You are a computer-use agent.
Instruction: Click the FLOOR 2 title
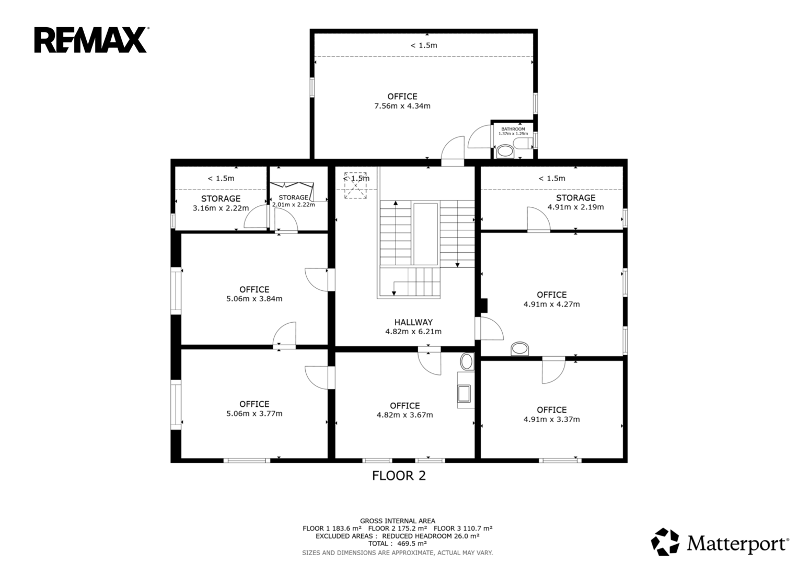tap(399, 476)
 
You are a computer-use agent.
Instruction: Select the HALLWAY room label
tap(413, 322)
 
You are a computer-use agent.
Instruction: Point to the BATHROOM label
tap(513, 129)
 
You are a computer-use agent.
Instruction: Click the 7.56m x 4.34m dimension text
tap(402, 106)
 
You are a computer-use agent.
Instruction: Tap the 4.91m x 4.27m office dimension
tap(551, 304)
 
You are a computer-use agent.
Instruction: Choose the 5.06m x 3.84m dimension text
tap(255, 299)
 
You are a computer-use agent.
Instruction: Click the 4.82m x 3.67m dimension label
tap(404, 415)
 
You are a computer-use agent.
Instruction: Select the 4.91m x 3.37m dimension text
tap(551, 419)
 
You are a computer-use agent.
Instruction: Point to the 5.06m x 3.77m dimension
tap(255, 414)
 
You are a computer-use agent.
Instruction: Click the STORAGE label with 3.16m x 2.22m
tap(221, 198)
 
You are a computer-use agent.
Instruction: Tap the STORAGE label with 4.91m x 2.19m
tap(576, 198)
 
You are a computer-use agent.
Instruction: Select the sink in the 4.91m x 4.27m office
tap(520, 349)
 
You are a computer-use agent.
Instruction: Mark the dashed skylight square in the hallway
tap(355, 185)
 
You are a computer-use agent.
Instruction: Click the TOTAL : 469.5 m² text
tap(398, 544)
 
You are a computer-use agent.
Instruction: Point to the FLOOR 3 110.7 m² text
tap(463, 528)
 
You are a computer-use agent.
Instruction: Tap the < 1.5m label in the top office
tap(424, 45)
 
